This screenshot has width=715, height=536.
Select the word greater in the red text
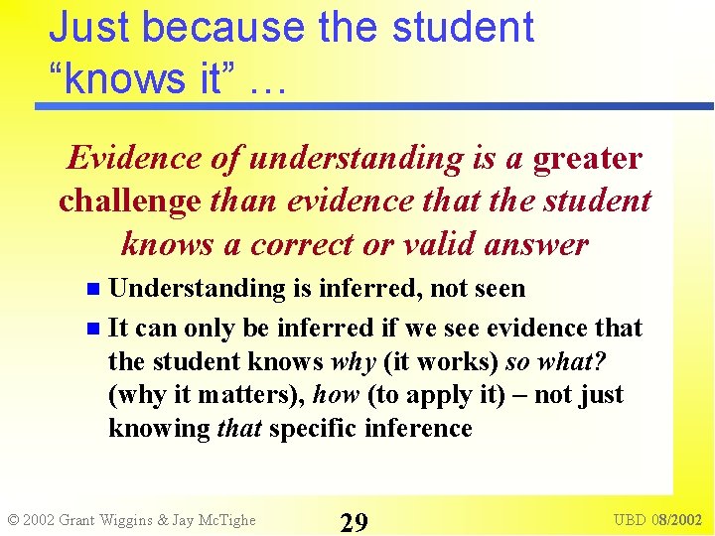588,158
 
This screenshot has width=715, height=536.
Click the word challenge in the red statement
129,201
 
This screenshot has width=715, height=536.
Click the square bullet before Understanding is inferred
93,289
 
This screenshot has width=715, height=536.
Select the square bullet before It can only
93,329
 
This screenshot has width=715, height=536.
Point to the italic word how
336,395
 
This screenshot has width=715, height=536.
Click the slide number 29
355,521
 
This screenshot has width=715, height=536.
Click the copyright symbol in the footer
14,519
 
